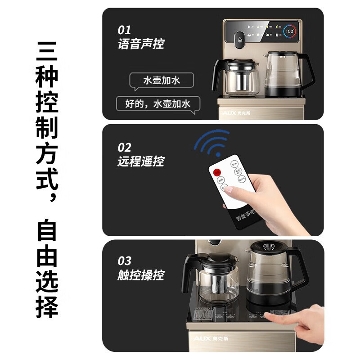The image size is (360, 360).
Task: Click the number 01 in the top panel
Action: [124, 30]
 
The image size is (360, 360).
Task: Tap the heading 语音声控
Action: [141, 44]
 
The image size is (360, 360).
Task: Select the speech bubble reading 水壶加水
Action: [161, 81]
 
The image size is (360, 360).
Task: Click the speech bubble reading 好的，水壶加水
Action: [157, 104]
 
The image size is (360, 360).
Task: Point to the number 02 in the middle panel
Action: [125, 147]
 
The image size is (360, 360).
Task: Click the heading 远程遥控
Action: [141, 161]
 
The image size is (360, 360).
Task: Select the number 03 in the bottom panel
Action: [125, 261]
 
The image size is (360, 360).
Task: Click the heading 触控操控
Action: [141, 275]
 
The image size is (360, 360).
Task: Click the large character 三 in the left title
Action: [47, 53]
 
